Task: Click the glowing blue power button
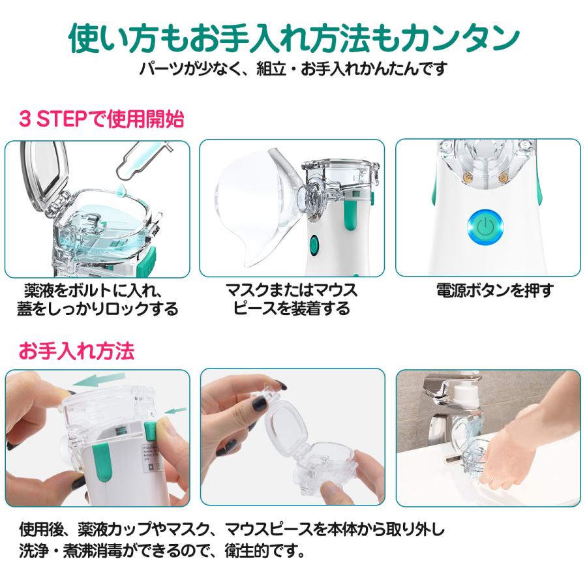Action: (x=485, y=227)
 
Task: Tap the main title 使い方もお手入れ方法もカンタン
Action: (x=294, y=38)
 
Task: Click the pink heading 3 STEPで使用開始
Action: (x=102, y=119)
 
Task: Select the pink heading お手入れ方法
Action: (x=76, y=351)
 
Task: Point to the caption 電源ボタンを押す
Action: (x=495, y=290)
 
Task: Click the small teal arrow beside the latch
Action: (x=176, y=411)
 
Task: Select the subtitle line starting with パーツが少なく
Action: (x=293, y=69)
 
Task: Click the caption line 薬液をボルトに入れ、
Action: (x=93, y=290)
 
